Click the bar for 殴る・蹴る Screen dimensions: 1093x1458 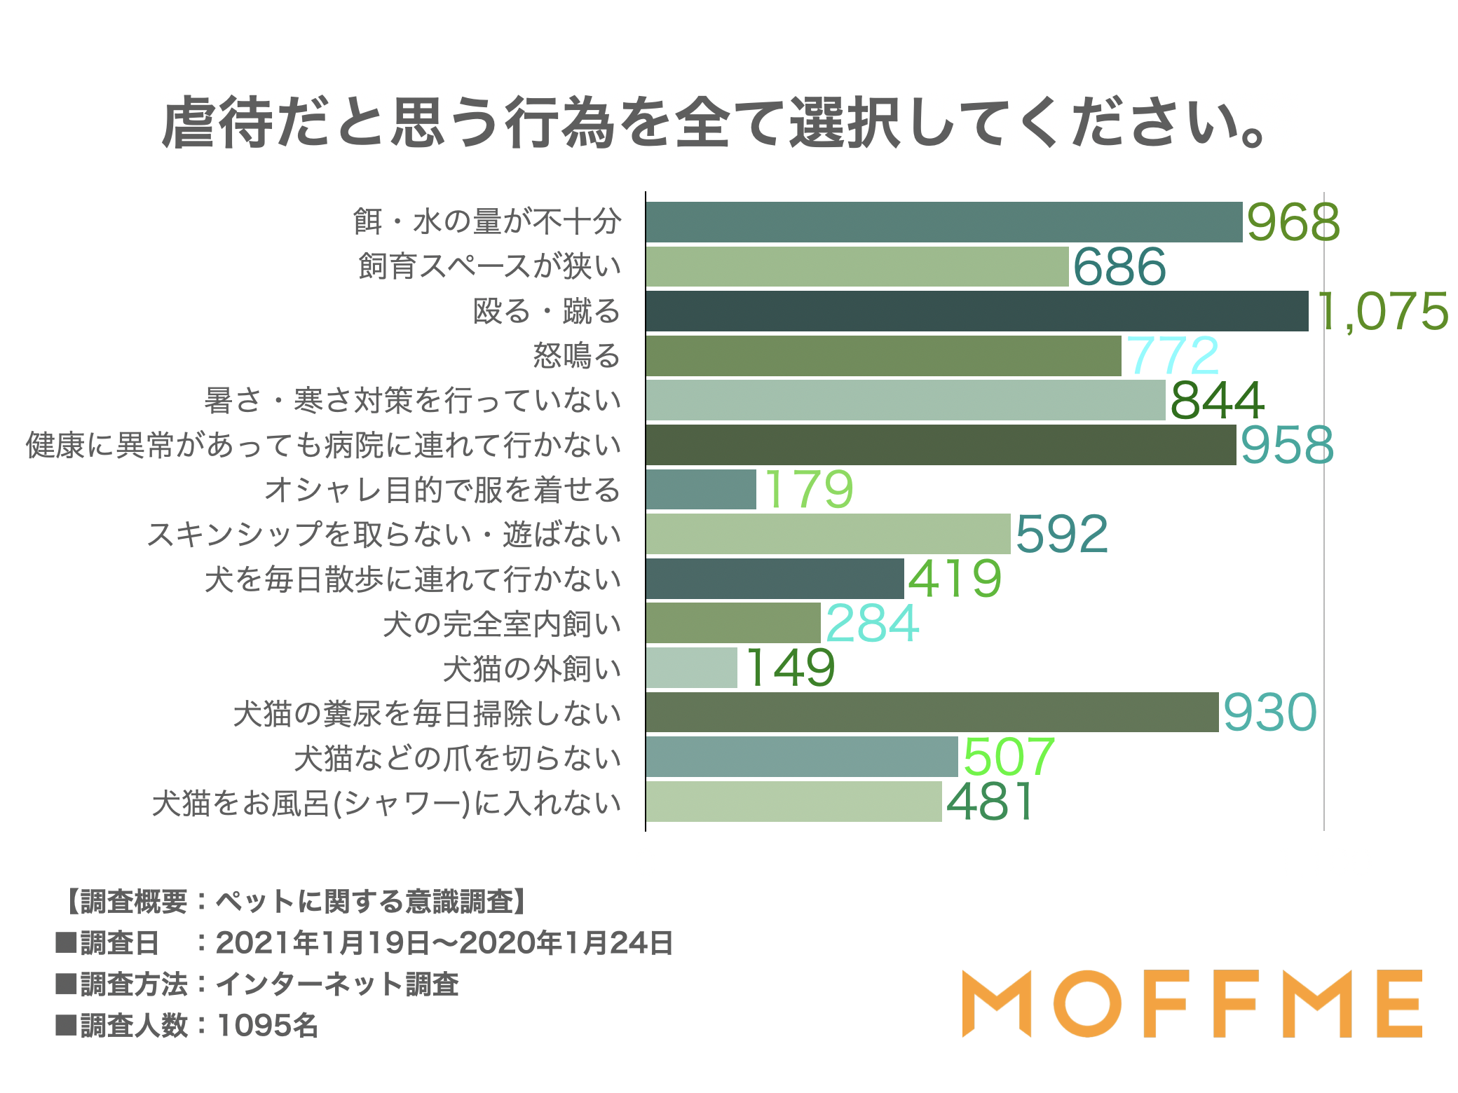coord(976,311)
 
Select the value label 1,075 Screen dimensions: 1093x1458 coord(1383,311)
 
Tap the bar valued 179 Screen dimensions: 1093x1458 coord(701,489)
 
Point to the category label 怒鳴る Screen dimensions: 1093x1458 coord(576,355)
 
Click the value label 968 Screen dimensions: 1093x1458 coord(1293,222)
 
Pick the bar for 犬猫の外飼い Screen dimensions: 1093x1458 coord(691,668)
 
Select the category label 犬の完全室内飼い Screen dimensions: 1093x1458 coord(502,624)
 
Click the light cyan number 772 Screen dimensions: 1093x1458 coord(1172,355)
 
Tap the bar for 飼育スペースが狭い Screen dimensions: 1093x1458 coord(857,266)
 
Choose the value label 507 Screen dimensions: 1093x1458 coord(1008,757)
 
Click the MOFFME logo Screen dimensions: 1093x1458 coord(1192,1003)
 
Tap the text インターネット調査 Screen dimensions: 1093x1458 coord(336,984)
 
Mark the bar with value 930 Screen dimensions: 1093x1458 coord(932,713)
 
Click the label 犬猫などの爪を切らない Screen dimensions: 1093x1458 coord(457,758)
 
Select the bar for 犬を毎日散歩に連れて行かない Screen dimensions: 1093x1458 coord(775,579)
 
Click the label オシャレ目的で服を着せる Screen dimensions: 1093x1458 coord(442,490)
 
